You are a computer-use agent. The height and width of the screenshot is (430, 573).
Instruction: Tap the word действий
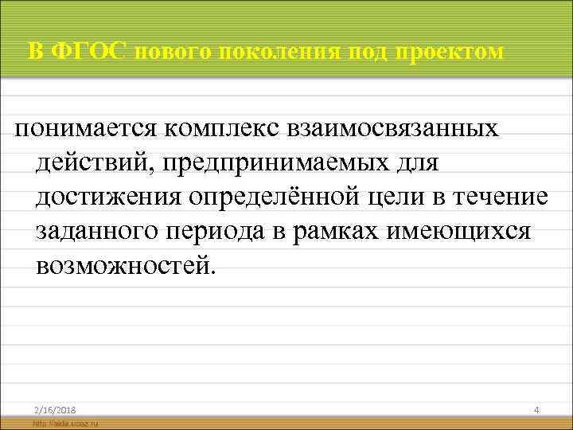coord(96,162)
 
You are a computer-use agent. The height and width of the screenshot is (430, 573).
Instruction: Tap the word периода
coord(223,230)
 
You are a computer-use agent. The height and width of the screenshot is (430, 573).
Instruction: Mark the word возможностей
coord(125,264)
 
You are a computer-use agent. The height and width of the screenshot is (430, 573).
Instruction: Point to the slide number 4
coord(536,409)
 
